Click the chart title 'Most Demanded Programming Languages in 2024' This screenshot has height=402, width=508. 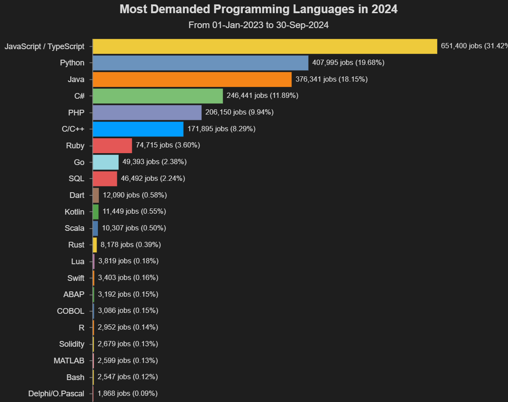pos(258,9)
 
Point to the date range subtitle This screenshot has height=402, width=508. pos(258,25)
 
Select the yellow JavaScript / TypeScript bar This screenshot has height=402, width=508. pos(265,46)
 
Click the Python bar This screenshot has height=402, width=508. pos(201,63)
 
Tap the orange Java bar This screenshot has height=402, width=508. pos(192,79)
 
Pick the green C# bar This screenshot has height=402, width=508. pos(158,96)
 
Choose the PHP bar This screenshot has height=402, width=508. pos(147,112)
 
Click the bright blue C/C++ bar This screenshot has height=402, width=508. pos(138,129)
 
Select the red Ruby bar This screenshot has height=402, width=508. pos(112,145)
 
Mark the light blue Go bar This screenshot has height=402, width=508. pos(106,162)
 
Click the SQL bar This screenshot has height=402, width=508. pos(105,179)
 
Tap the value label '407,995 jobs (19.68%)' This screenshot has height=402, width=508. pos(348,63)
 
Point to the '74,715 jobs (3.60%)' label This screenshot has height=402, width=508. pos(168,145)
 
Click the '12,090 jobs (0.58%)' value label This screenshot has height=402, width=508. pos(135,195)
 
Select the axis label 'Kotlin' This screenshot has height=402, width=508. pos(74,212)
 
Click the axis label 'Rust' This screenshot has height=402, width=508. pos(76,245)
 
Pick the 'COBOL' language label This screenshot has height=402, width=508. pos(70,311)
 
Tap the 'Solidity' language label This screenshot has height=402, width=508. pos(72,344)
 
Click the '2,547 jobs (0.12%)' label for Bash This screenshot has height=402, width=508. pos(127,377)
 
